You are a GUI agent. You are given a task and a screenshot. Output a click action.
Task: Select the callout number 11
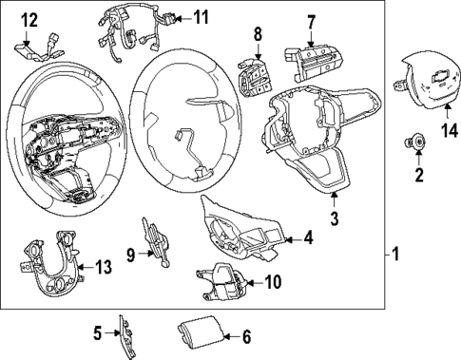(x=201, y=17)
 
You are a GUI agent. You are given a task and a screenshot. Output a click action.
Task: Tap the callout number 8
(x=256, y=34)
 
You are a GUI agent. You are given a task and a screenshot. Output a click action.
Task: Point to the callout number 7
(x=310, y=20)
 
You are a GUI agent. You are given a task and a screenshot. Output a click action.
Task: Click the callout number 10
(x=273, y=281)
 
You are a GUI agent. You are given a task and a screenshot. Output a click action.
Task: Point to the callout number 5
(x=96, y=332)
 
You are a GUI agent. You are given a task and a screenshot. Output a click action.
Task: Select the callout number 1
(x=398, y=255)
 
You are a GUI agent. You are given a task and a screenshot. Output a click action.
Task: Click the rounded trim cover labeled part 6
(x=197, y=334)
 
